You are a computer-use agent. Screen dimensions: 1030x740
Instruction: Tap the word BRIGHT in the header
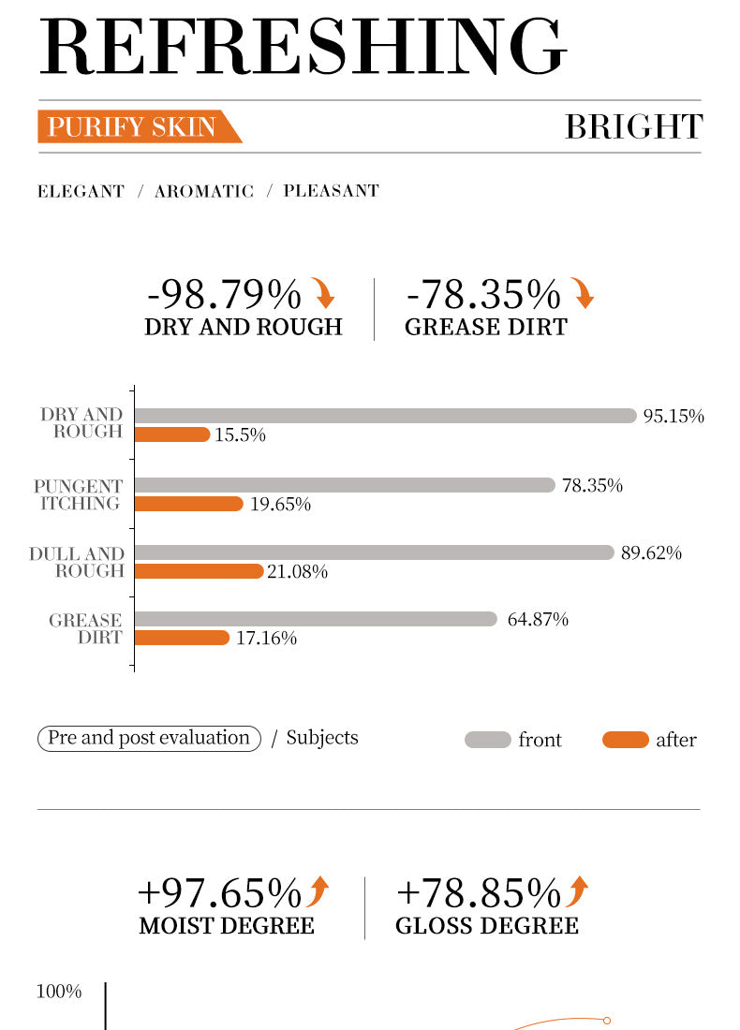(633, 126)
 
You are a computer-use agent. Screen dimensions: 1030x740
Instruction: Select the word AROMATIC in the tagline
(204, 191)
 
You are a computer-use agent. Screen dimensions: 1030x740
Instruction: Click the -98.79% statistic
(224, 295)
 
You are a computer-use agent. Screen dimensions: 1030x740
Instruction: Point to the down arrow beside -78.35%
(584, 294)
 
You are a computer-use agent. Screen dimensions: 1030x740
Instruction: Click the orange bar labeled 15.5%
(172, 434)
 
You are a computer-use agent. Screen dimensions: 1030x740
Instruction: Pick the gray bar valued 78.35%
(345, 485)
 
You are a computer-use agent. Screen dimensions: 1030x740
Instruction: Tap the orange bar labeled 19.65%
(188, 504)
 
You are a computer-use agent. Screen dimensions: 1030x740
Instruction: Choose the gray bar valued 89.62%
(374, 552)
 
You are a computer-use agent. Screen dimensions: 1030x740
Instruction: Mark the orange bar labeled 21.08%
(199, 571)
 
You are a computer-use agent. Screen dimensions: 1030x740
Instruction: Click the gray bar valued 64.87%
(316, 619)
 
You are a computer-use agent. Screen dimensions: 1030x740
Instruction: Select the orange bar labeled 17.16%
(182, 638)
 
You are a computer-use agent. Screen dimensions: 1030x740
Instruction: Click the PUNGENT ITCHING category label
(79, 494)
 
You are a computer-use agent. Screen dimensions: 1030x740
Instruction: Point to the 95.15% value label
(673, 417)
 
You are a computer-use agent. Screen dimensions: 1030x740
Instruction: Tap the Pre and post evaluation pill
(149, 738)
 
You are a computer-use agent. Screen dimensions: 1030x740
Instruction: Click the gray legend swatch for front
(488, 740)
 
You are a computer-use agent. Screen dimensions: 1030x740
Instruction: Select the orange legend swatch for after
(626, 740)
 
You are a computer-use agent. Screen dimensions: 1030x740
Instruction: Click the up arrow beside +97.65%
(318, 891)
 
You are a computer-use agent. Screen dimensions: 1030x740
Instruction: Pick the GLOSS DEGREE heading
(487, 926)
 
